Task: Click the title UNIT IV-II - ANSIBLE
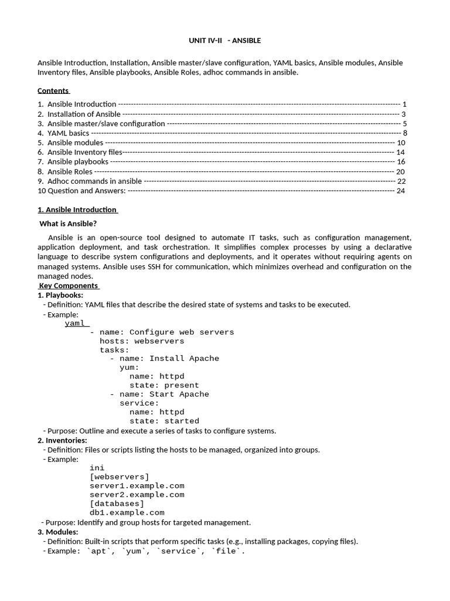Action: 224,40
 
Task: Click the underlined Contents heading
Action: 53,90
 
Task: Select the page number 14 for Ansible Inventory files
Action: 401,152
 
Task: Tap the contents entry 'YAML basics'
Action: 68,133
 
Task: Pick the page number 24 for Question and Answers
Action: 401,191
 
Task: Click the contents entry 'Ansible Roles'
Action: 70,171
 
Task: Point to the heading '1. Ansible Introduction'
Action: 77,210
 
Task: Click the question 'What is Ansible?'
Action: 68,224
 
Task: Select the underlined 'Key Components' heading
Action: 69,286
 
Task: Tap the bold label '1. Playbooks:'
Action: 60,295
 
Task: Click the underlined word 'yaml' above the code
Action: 76,323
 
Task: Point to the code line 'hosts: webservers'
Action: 142,341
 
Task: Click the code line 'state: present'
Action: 164,386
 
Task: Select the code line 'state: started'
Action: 164,421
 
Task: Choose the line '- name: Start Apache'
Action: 159,394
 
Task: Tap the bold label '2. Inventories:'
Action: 62,440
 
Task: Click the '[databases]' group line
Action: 117,504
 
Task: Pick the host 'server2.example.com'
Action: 137,495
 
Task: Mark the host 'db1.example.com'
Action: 127,512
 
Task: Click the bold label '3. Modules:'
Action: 58,532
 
